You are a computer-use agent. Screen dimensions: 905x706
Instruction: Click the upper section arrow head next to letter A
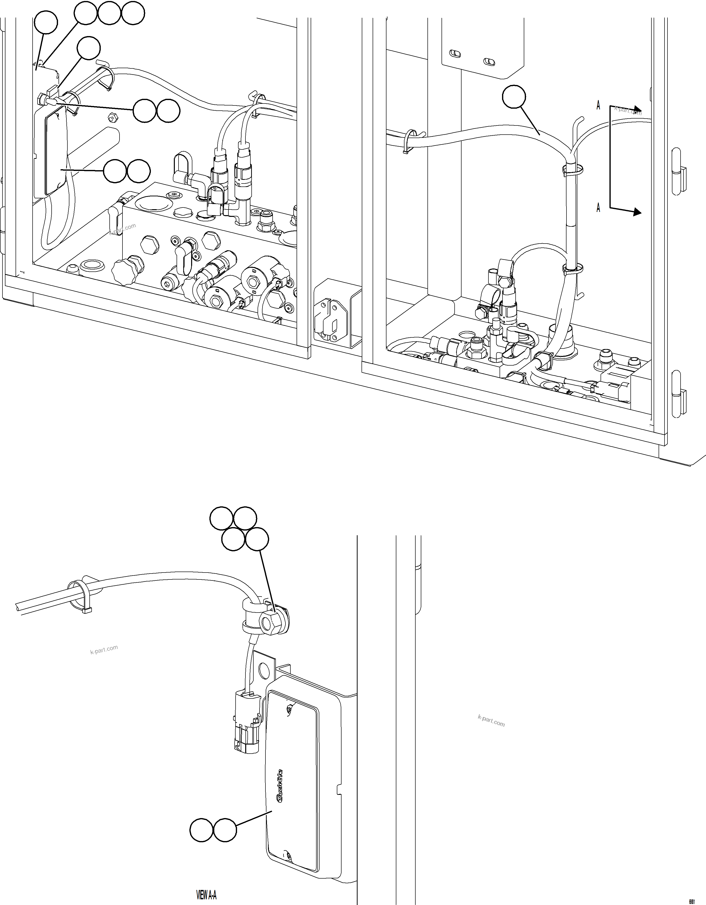pos(637,111)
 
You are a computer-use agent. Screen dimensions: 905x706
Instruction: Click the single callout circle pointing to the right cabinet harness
pos(514,97)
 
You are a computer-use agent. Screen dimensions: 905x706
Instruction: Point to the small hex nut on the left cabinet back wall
pos(111,118)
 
